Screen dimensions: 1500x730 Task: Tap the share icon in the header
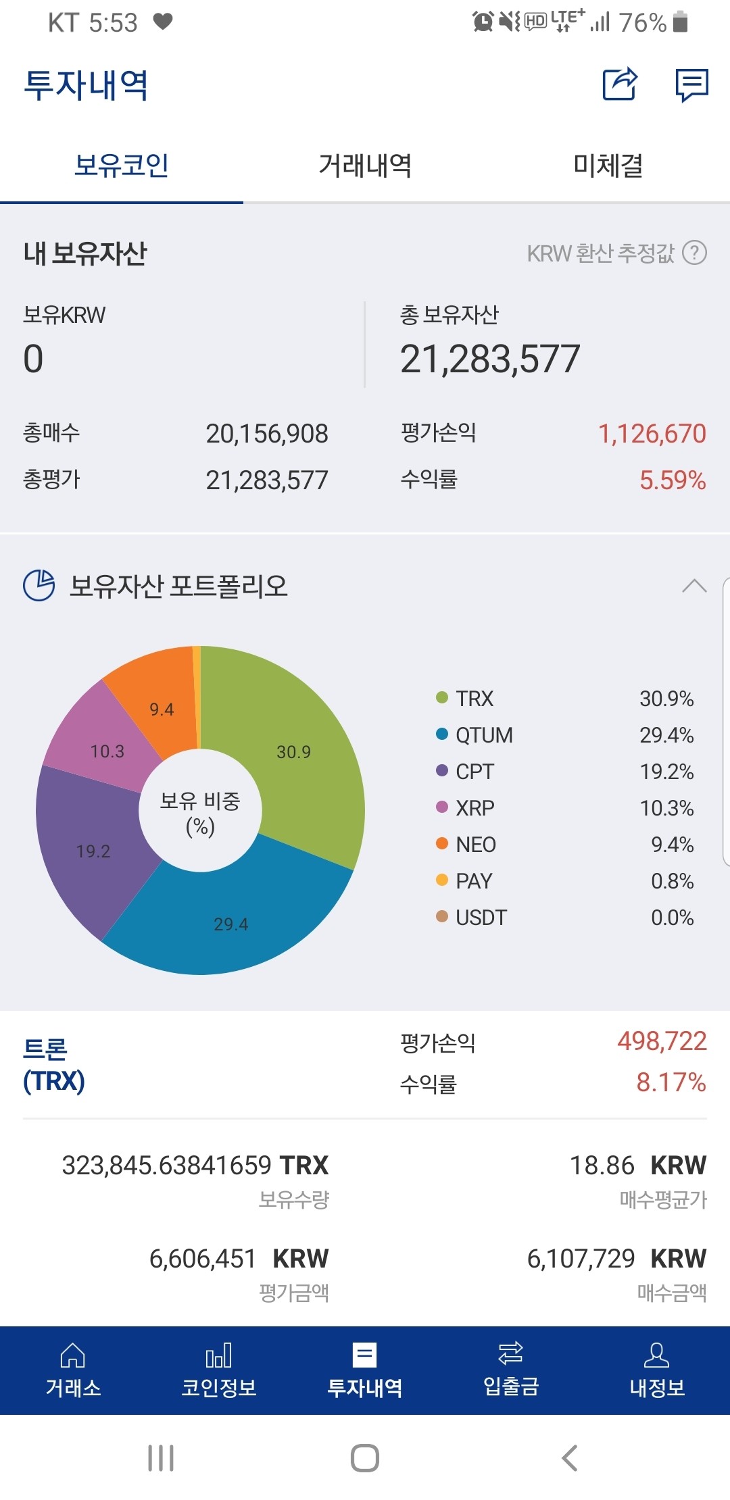pyautogui.click(x=620, y=84)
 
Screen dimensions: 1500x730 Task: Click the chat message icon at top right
pyautogui.click(x=691, y=85)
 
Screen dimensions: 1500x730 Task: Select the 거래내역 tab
pyautogui.click(x=365, y=166)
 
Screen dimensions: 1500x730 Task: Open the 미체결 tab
pyautogui.click(x=608, y=166)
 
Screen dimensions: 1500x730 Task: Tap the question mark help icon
pyautogui.click(x=694, y=253)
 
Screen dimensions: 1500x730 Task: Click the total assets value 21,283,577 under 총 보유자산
pyautogui.click(x=490, y=359)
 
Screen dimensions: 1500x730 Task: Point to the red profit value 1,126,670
pyautogui.click(x=652, y=433)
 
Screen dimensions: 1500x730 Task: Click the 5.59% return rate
pyautogui.click(x=672, y=480)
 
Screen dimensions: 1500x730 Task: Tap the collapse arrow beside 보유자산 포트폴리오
pyautogui.click(x=694, y=586)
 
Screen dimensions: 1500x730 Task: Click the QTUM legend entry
pyautogui.click(x=483, y=735)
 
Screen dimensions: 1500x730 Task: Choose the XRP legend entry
pyautogui.click(x=474, y=808)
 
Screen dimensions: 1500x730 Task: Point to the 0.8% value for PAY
pyautogui.click(x=672, y=881)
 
